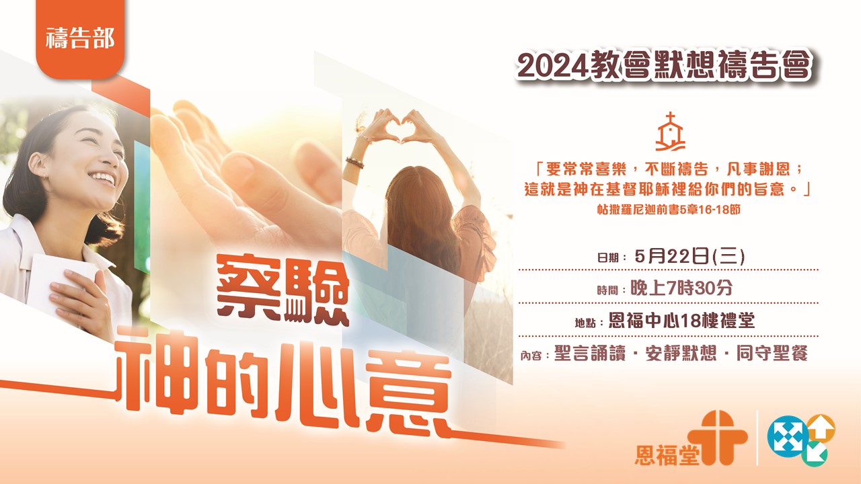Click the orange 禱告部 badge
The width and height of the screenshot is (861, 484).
point(80,38)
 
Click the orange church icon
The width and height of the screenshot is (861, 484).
point(670,131)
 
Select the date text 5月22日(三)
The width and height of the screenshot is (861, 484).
point(689,256)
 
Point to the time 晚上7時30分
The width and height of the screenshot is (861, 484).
point(681,288)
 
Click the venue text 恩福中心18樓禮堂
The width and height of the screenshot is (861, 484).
point(682,321)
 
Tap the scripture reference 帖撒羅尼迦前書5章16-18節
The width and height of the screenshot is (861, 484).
point(669,210)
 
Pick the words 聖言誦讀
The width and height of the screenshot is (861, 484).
point(590,354)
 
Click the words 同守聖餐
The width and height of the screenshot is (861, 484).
point(772,354)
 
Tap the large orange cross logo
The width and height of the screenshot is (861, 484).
point(717,438)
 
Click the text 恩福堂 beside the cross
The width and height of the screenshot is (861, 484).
point(667,455)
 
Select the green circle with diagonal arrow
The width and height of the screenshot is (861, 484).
point(815,454)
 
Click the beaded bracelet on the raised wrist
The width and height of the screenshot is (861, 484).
point(354,163)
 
